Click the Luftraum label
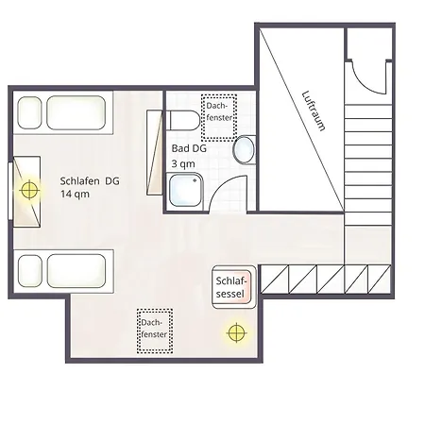pos(314,110)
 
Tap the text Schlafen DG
pos(90,181)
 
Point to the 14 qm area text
pos(75,194)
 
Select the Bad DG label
pos(189,148)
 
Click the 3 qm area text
pos(183,163)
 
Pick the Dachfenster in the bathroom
pos(219,117)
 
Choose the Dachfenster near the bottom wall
pos(155,331)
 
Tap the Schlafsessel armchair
pos(233,287)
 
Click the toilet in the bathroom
pos(182,120)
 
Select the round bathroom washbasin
pos(245,150)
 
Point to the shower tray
pos(185,190)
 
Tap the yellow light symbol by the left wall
pos(29,190)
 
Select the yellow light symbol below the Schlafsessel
pos(236,332)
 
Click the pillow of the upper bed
pos(29,112)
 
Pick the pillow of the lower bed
pos(30,271)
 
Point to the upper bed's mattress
pos(76,112)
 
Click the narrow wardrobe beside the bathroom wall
pos(155,152)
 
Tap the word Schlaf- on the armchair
pos(231,280)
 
